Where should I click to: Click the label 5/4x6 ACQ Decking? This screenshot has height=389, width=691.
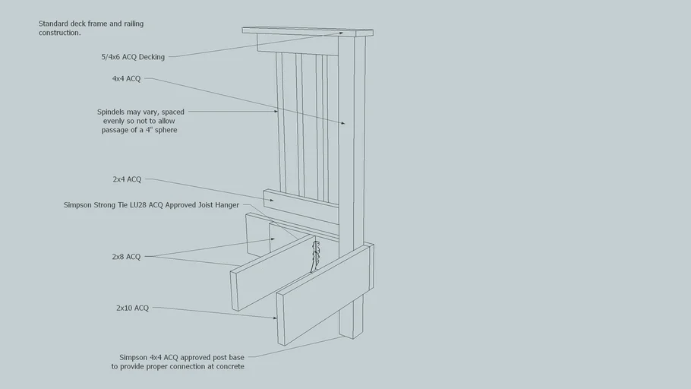[133, 57]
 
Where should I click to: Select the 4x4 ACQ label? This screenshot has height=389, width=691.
[127, 78]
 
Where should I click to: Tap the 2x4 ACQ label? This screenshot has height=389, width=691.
[127, 179]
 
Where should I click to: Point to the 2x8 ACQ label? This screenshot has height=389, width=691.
[126, 257]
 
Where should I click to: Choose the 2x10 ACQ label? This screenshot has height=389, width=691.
[133, 308]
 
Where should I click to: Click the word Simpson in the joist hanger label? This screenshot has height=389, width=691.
[77, 205]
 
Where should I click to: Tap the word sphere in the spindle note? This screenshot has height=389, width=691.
[166, 130]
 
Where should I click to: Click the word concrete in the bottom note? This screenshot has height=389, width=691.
[230, 366]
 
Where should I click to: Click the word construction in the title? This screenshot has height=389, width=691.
[59, 33]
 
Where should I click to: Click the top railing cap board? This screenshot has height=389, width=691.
[308, 32]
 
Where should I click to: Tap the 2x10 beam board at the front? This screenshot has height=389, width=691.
[325, 293]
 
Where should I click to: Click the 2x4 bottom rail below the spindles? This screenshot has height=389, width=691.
[301, 207]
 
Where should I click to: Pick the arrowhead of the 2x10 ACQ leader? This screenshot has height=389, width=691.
[275, 318]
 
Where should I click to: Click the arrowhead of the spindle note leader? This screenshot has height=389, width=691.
[276, 112]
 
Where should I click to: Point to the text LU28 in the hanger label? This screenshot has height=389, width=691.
[138, 205]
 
